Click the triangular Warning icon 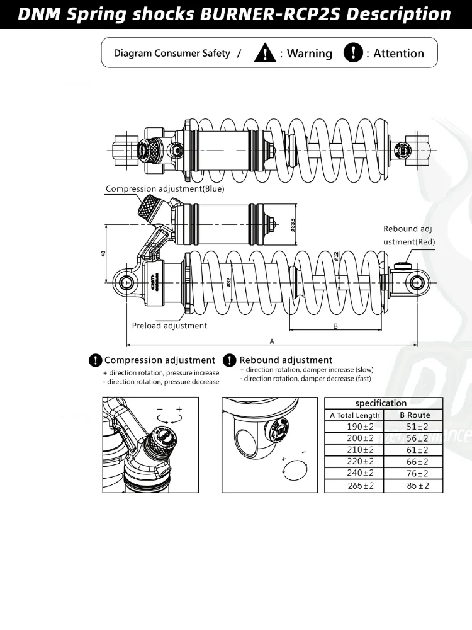(x=265, y=53)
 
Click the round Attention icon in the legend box (x=353, y=53)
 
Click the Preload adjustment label (x=169, y=326)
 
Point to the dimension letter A (x=271, y=341)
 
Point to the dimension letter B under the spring (x=335, y=326)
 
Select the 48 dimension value (x=103, y=254)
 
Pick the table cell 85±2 (x=415, y=486)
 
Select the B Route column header (x=415, y=415)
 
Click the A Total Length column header (x=355, y=415)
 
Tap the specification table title (x=381, y=403)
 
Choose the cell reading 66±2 (x=415, y=462)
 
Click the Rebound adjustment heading (x=286, y=360)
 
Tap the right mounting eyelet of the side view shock (x=416, y=283)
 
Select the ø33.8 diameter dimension (x=294, y=224)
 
